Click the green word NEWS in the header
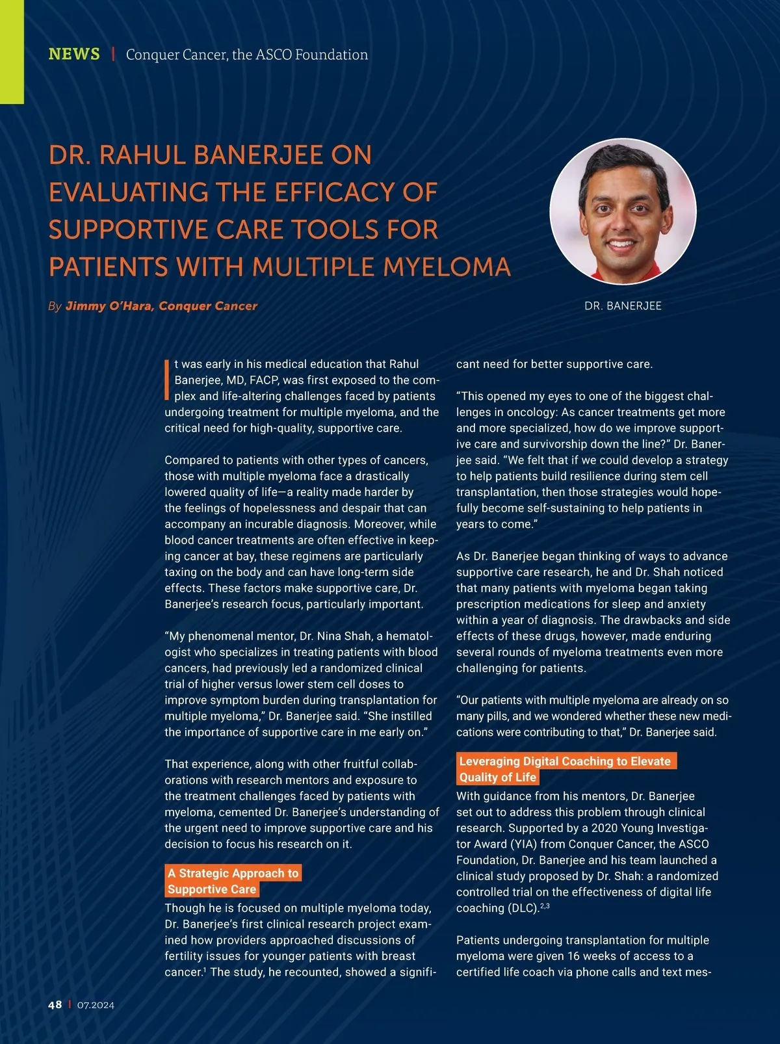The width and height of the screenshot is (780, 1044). (x=74, y=54)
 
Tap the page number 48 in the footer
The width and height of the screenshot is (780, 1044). (x=55, y=1005)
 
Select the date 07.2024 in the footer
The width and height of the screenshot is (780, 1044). (x=96, y=1006)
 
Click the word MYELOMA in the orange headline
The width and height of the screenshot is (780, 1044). (x=446, y=267)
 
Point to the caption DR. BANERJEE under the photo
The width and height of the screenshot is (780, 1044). (x=623, y=306)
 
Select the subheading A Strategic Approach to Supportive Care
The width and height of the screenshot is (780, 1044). (x=233, y=881)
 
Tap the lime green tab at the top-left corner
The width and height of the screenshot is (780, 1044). (x=12, y=52)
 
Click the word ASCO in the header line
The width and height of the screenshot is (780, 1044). (x=274, y=55)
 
